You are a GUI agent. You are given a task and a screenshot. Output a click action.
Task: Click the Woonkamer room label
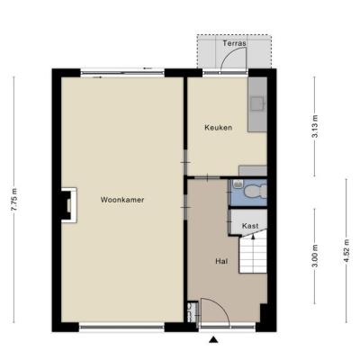[122, 200]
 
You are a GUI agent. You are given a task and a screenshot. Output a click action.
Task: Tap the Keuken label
[219, 128]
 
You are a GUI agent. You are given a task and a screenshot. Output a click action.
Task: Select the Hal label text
[221, 261]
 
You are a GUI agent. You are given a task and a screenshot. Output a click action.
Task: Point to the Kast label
[250, 226]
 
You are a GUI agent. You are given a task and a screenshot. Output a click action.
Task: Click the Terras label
[234, 43]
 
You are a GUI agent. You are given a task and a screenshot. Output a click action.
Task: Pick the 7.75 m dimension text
[14, 200]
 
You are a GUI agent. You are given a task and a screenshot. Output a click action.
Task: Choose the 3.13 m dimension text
[315, 126]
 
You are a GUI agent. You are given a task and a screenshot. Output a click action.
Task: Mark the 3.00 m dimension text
[315, 256]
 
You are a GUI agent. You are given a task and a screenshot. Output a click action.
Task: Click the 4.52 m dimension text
[346, 251]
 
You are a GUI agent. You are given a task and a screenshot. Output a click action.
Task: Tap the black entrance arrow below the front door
[213, 339]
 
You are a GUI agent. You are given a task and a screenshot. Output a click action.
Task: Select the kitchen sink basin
[257, 103]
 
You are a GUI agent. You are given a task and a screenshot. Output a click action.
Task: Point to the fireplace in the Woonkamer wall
[69, 205]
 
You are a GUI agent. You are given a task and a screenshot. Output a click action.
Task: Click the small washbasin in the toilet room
[238, 184]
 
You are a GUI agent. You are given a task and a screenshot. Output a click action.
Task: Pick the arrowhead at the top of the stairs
[253, 237]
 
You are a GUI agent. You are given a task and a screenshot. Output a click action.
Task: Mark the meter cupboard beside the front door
[192, 312]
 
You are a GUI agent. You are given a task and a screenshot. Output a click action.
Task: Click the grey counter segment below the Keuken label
[253, 170]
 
